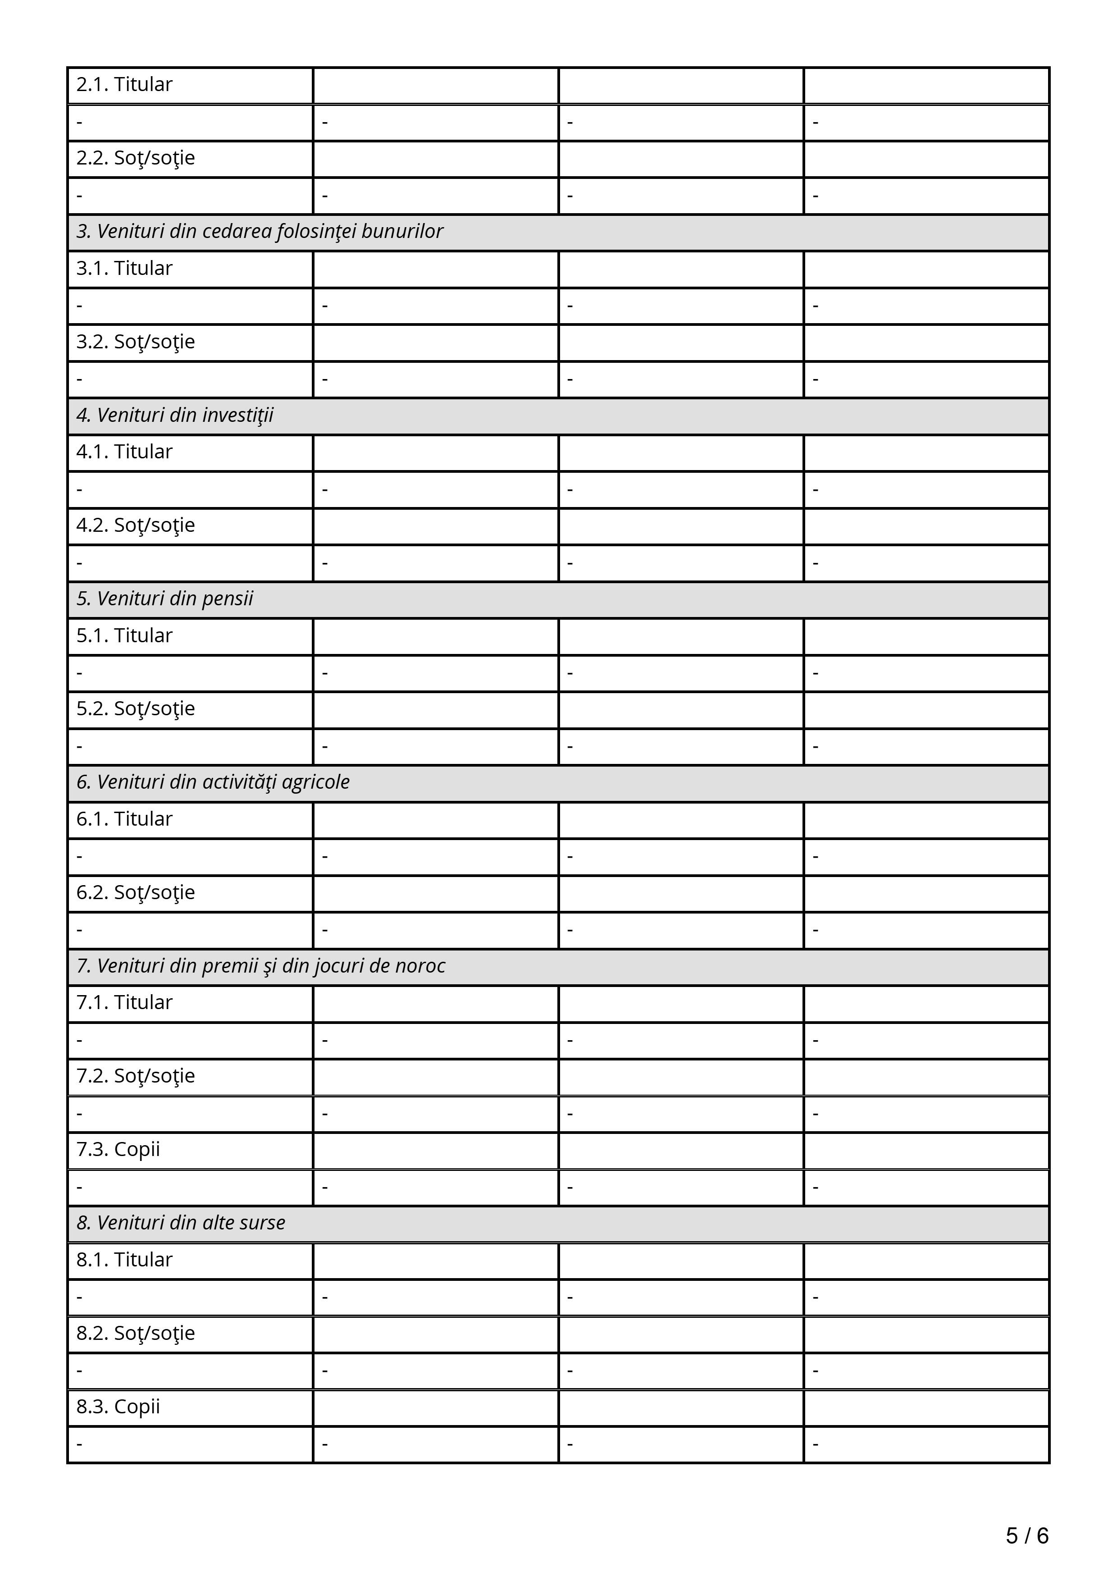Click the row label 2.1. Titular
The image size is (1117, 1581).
coord(124,85)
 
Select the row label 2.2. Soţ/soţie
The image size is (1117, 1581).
coord(136,158)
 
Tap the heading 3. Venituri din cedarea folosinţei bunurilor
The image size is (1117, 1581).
coord(260,231)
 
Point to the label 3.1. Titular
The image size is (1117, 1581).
coord(124,269)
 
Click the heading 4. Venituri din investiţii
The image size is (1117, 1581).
coord(175,415)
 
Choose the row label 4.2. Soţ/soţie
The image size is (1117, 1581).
coord(136,525)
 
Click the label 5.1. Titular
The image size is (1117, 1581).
coord(124,635)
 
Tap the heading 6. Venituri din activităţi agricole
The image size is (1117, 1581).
coord(213,782)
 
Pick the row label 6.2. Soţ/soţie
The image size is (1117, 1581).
coord(136,892)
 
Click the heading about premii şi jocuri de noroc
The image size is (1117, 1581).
coord(261,966)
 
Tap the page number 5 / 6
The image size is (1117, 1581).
coord(1027,1535)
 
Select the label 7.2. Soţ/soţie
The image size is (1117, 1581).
coord(136,1076)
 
